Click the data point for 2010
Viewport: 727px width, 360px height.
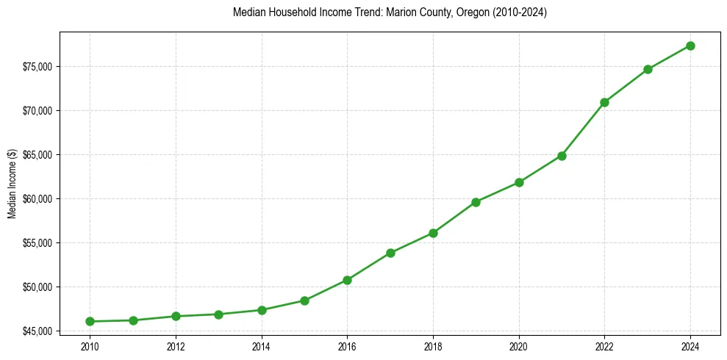point(90,321)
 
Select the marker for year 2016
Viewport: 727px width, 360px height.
point(347,280)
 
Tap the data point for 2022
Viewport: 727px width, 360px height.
point(604,102)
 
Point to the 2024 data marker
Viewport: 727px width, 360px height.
point(690,46)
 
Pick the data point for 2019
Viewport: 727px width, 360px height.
point(476,202)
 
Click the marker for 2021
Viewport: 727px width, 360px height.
point(562,156)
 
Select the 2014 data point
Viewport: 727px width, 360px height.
point(261,310)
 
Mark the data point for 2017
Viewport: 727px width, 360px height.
point(390,253)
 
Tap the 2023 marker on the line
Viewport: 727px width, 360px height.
point(648,69)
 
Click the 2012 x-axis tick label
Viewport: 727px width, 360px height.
point(176,346)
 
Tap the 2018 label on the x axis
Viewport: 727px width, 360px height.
point(433,346)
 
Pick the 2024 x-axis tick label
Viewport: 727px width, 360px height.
point(690,346)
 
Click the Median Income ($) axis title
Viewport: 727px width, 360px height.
point(12,184)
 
